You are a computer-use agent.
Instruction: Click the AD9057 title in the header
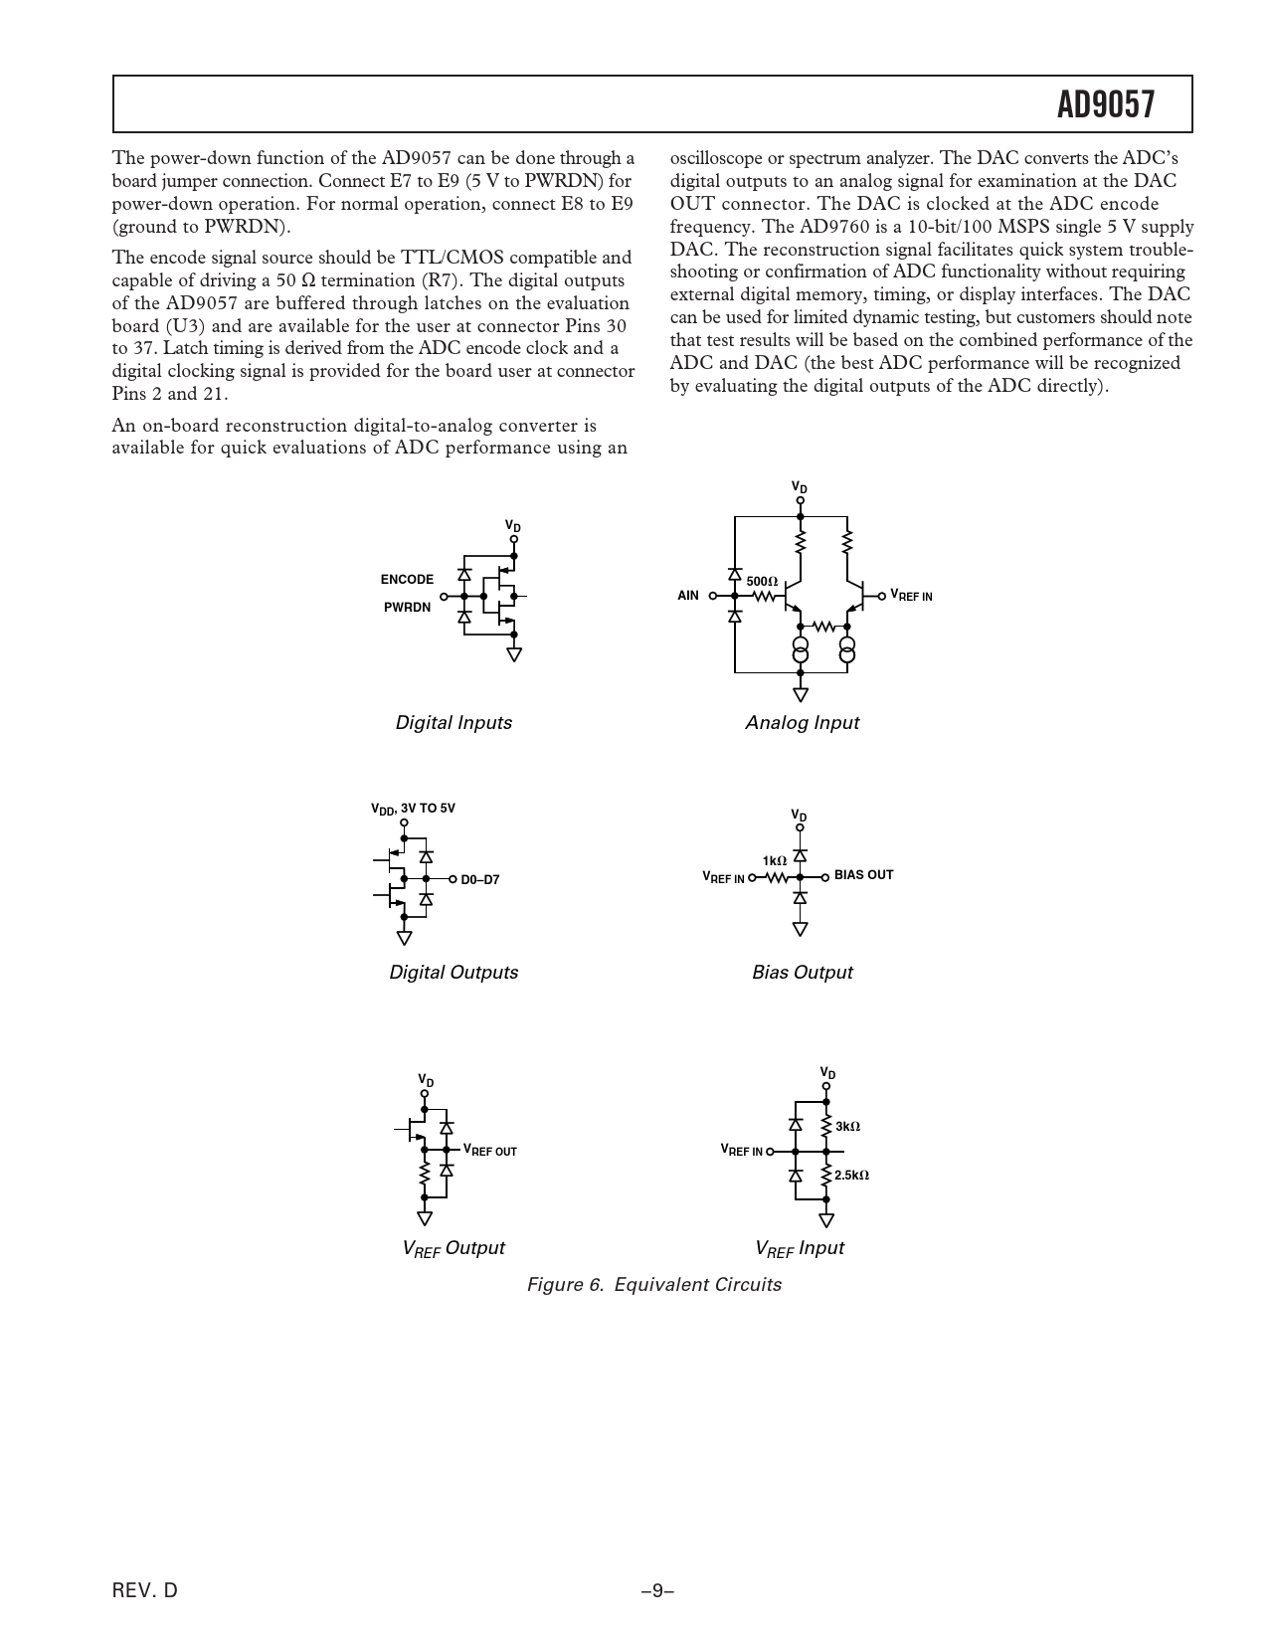pyautogui.click(x=1106, y=104)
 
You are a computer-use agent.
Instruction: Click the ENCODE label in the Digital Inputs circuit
pyautogui.click(x=407, y=580)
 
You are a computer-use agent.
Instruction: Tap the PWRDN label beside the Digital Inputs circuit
pyautogui.click(x=408, y=607)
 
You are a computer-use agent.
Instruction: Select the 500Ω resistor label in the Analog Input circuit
pyautogui.click(x=762, y=581)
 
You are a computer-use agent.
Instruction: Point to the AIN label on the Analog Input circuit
pyautogui.click(x=688, y=596)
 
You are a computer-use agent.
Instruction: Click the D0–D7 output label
pyautogui.click(x=479, y=879)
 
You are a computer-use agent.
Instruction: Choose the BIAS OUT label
pyautogui.click(x=863, y=875)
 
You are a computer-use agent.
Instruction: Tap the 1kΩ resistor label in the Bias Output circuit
pyautogui.click(x=775, y=860)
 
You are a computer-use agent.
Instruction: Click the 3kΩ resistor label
pyautogui.click(x=847, y=1127)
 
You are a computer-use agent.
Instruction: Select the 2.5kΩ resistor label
pyautogui.click(x=851, y=1176)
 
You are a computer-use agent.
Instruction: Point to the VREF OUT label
pyautogui.click(x=489, y=1150)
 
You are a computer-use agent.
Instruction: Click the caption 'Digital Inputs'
pyautogui.click(x=453, y=723)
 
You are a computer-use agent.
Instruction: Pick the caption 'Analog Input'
pyautogui.click(x=802, y=723)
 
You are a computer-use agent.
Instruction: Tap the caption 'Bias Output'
pyautogui.click(x=802, y=973)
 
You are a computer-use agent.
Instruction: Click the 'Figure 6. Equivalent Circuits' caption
pyautogui.click(x=653, y=1285)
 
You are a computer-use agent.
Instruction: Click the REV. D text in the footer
pyautogui.click(x=145, y=1590)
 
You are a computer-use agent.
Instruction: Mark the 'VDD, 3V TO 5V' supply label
pyautogui.click(x=413, y=809)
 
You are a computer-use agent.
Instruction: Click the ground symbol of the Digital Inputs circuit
pyautogui.click(x=514, y=653)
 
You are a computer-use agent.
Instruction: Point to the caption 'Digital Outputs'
pyautogui.click(x=453, y=973)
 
